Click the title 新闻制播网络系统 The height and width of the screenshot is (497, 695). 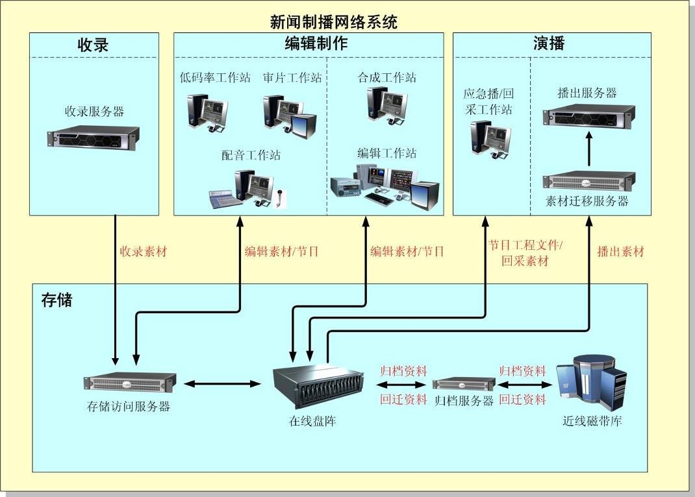pyautogui.click(x=334, y=21)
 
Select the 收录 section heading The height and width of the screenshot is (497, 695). pyautogui.click(x=93, y=45)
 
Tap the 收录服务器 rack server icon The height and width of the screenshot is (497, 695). pyautogui.click(x=94, y=137)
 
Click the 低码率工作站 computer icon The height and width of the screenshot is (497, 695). pyautogui.click(x=207, y=112)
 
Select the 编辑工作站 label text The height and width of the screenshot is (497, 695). pyautogui.click(x=387, y=154)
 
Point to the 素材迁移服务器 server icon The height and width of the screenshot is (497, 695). pyautogui.click(x=589, y=180)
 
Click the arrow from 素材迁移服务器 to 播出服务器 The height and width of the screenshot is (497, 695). pyautogui.click(x=589, y=149)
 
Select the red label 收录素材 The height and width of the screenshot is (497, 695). pyautogui.click(x=143, y=252)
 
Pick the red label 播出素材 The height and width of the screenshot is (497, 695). pyautogui.click(x=620, y=252)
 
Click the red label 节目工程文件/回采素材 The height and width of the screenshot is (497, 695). pyautogui.click(x=525, y=254)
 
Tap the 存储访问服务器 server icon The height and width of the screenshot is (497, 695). pyautogui.click(x=130, y=383)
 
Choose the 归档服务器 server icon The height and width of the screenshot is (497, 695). pyautogui.click(x=464, y=383)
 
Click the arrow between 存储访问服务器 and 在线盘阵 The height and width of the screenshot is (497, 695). pyautogui.click(x=221, y=383)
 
